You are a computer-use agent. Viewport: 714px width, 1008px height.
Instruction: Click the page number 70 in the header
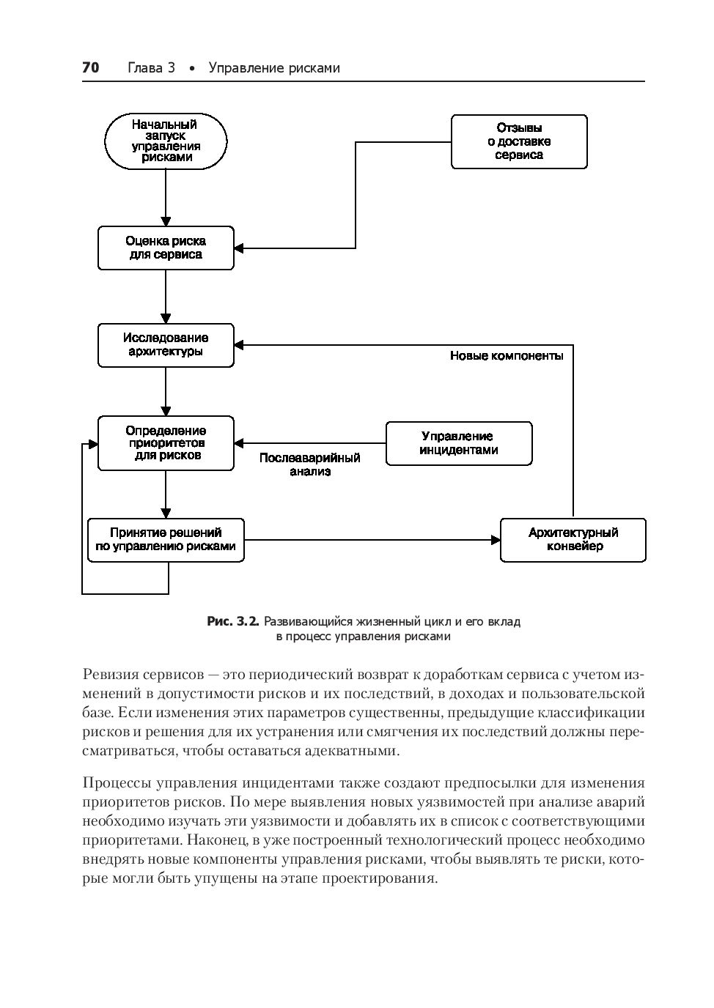[90, 68]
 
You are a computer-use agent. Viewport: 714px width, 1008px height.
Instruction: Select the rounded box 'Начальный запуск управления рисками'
[166, 141]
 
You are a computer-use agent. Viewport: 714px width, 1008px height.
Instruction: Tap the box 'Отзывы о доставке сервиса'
[519, 141]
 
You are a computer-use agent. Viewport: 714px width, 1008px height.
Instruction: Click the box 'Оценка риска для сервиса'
[166, 248]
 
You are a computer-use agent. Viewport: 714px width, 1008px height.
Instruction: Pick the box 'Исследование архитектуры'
[166, 345]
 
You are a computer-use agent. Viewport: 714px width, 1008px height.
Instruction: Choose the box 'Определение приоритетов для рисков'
[166, 443]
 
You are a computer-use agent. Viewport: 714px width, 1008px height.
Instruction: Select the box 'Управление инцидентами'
[459, 443]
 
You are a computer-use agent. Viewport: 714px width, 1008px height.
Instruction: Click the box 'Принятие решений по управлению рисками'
[166, 540]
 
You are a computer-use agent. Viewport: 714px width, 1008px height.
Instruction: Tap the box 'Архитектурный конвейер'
[573, 540]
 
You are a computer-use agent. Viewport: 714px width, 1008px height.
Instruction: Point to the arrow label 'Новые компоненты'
[507, 356]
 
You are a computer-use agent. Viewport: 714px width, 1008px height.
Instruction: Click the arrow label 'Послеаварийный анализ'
[310, 464]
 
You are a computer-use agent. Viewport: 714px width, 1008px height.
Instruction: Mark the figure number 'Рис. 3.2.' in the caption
[233, 622]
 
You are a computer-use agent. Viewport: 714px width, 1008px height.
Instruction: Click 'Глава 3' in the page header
[151, 68]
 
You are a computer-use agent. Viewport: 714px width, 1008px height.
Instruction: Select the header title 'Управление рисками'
[274, 68]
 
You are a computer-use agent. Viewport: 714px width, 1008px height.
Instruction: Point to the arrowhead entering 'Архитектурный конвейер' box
[496, 540]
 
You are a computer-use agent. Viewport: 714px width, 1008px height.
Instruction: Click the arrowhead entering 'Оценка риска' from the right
[240, 248]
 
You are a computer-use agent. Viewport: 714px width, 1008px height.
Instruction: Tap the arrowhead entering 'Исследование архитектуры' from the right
[240, 345]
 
